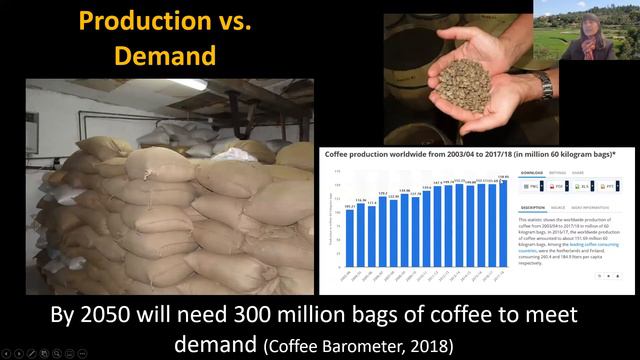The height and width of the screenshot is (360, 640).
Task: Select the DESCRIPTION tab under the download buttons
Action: click(x=533, y=207)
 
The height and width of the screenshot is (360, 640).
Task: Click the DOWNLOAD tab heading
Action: click(x=533, y=172)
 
